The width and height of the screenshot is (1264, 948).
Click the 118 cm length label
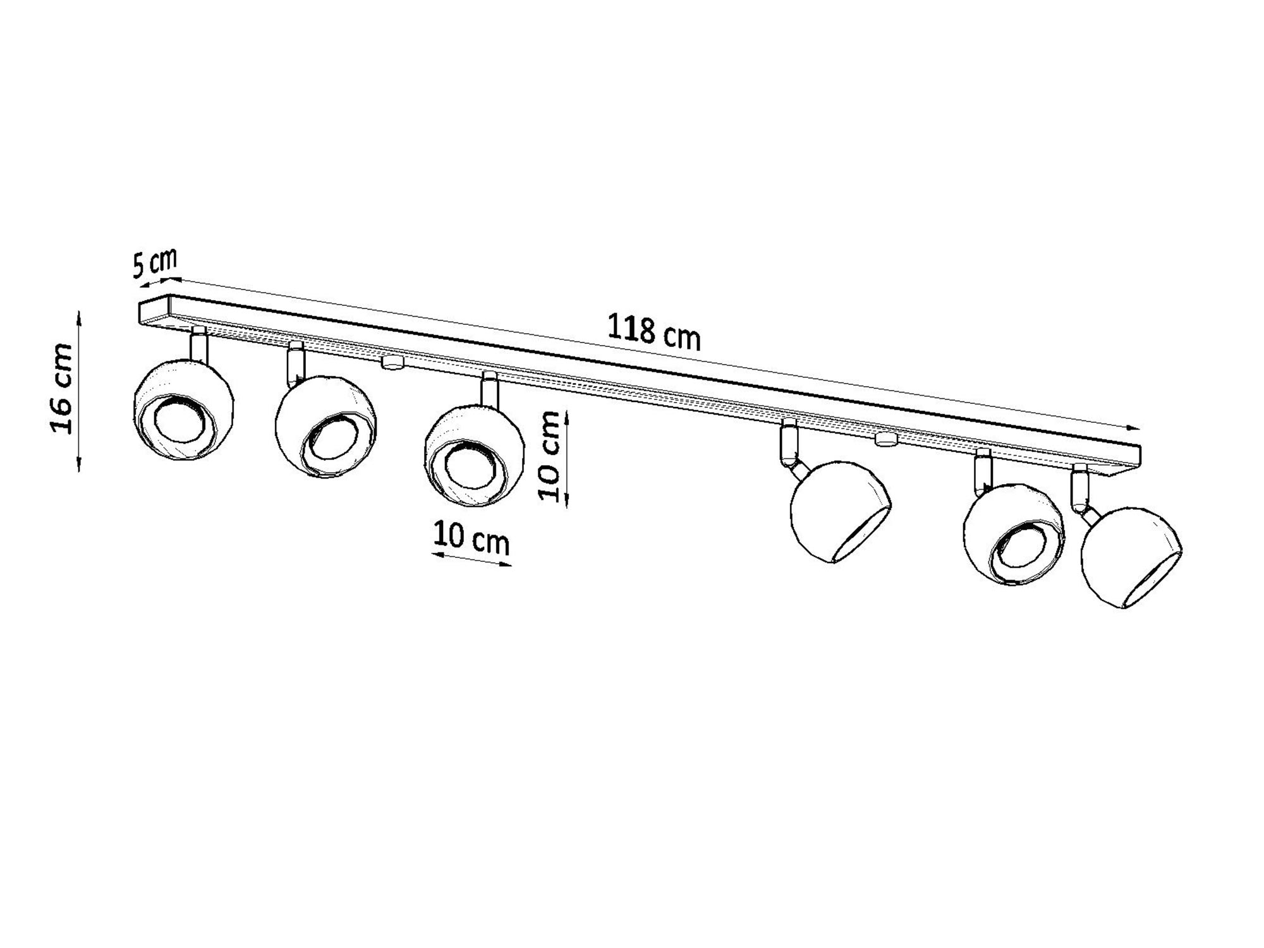pyautogui.click(x=653, y=331)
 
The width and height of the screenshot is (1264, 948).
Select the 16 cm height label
pyautogui.click(x=62, y=388)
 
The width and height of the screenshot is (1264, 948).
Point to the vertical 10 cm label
pyautogui.click(x=549, y=456)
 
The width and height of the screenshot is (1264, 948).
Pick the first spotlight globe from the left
pyautogui.click(x=184, y=411)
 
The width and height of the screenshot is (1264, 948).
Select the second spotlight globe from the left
pyautogui.click(x=325, y=427)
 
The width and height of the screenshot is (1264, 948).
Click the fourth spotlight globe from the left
pyautogui.click(x=841, y=511)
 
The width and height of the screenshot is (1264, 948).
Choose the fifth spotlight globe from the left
pyautogui.click(x=1013, y=535)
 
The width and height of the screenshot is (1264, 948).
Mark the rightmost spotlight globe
pyautogui.click(x=1131, y=557)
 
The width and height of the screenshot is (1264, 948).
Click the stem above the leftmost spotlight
pyautogui.click(x=198, y=344)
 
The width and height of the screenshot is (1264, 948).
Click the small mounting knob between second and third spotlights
pyautogui.click(x=392, y=362)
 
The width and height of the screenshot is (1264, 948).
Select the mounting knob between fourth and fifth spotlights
pyautogui.click(x=886, y=439)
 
